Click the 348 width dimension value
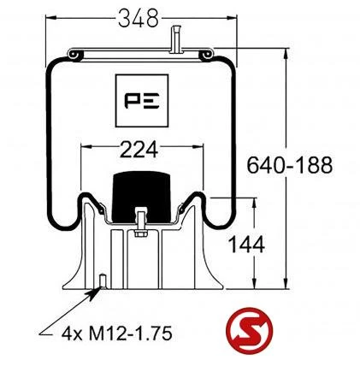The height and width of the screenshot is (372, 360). tap(138, 18)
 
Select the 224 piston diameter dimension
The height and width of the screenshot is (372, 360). tap(139, 150)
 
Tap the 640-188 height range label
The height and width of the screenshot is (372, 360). tap(289, 165)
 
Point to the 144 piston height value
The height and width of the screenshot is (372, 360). tap(246, 245)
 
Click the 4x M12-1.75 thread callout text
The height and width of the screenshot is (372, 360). tap(117, 334)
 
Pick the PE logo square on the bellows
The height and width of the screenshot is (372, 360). tap(142, 101)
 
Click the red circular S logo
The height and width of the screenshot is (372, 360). tap(249, 331)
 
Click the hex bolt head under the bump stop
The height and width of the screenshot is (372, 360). tap(140, 233)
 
